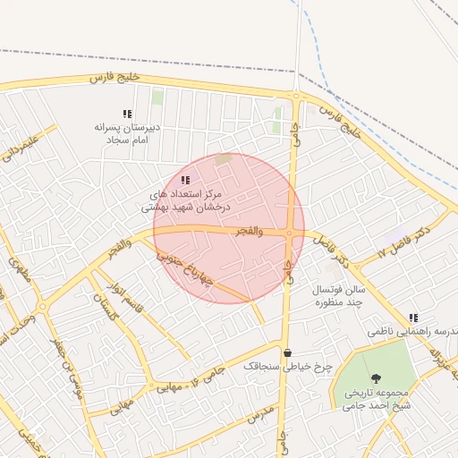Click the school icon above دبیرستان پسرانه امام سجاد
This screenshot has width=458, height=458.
click(127, 114)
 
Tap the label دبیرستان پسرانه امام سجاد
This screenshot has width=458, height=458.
click(127, 133)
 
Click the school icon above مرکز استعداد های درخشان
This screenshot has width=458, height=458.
click(185, 180)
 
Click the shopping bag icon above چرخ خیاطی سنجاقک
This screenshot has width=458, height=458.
click(286, 352)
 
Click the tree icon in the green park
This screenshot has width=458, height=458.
click(376, 378)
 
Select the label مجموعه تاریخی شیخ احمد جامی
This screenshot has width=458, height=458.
click(376, 400)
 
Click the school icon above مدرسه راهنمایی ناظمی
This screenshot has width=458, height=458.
click(413, 318)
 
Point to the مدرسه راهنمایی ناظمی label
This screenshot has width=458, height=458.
click(420, 331)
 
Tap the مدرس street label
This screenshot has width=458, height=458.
click(259, 414)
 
